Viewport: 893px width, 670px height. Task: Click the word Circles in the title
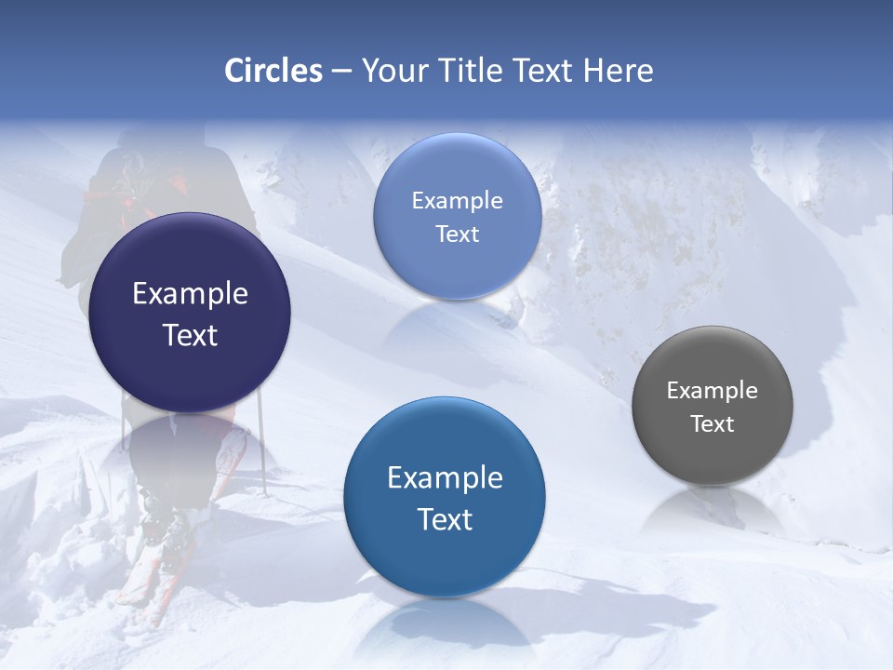[x=273, y=71]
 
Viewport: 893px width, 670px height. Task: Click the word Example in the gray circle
[x=713, y=391]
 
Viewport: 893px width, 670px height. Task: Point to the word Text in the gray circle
[x=713, y=424]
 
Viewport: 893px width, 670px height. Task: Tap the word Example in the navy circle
[x=190, y=294]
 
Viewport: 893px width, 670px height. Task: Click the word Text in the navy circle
[x=190, y=336]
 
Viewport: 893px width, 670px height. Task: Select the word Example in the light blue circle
[x=457, y=201]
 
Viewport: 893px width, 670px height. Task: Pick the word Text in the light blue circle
[x=457, y=234]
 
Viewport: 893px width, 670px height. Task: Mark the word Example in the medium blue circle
[x=445, y=478]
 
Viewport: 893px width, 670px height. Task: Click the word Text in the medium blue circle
[x=445, y=519]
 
